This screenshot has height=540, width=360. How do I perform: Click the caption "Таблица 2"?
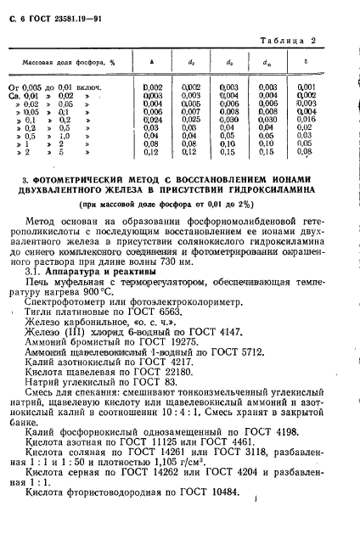pyautogui.click(x=307, y=41)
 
